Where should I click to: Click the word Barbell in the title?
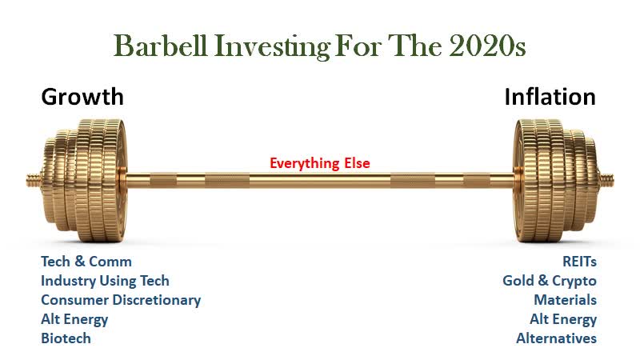click(160, 46)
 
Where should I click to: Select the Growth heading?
click(82, 97)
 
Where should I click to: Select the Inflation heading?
click(550, 97)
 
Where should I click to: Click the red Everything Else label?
click(319, 163)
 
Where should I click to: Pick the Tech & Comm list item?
click(86, 262)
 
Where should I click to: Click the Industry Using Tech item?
click(105, 281)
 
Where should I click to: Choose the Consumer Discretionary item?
click(121, 300)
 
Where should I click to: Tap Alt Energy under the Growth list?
click(74, 319)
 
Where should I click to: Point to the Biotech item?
click(66, 338)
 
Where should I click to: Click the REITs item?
click(579, 262)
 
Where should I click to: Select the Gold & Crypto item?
click(550, 281)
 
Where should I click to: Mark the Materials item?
click(566, 300)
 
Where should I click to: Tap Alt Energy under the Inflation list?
click(563, 319)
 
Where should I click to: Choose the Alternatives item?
click(556, 338)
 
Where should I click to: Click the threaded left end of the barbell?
click(34, 179)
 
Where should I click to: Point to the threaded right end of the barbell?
click(606, 179)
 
